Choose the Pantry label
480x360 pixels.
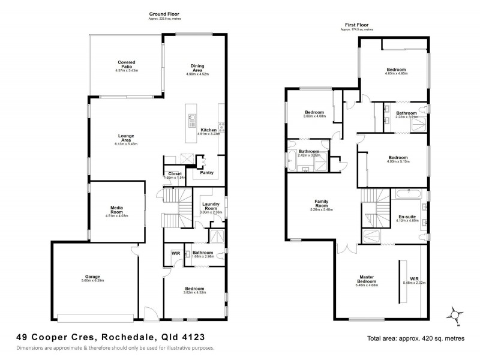pyautogui.click(x=206, y=173)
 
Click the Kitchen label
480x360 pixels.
pyautogui.click(x=208, y=130)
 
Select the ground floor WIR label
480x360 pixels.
pyautogui.click(x=176, y=253)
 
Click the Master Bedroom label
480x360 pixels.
pyautogui.click(x=366, y=279)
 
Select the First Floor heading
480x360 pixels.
pyautogui.click(x=356, y=24)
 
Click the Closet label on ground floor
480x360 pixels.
pyautogui.click(x=175, y=173)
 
